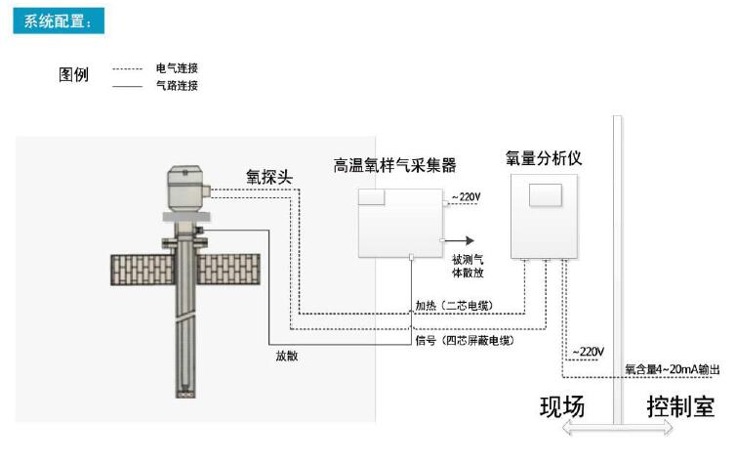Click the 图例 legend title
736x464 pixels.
coord(75,75)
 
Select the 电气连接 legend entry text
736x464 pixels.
coord(177,68)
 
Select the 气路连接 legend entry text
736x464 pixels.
coord(177,86)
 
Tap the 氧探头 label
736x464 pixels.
coord(269,176)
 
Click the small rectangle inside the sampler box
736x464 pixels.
coord(372,197)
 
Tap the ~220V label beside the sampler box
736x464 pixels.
coord(466,198)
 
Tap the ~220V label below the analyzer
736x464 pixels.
coord(588,351)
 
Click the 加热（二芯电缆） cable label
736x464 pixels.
coord(454,306)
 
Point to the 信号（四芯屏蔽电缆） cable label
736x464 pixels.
coord(464,340)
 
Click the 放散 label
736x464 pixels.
coord(286,356)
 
